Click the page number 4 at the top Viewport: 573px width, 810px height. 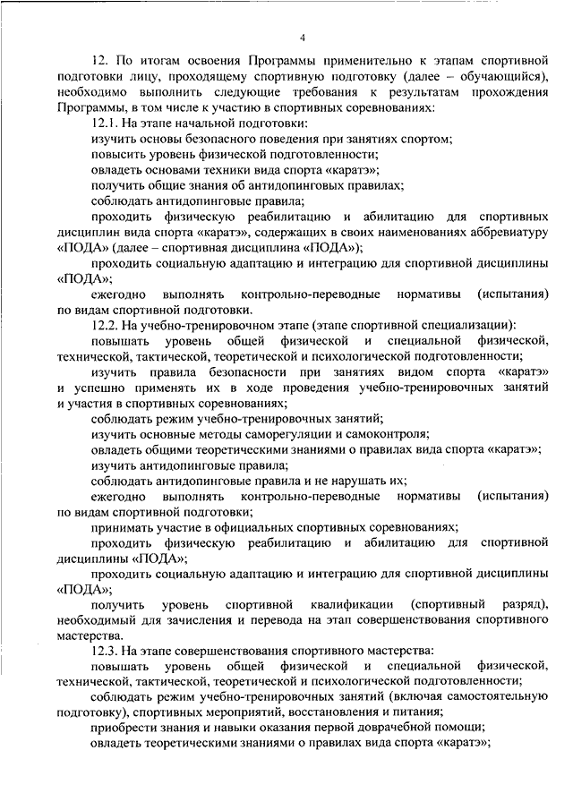302,38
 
